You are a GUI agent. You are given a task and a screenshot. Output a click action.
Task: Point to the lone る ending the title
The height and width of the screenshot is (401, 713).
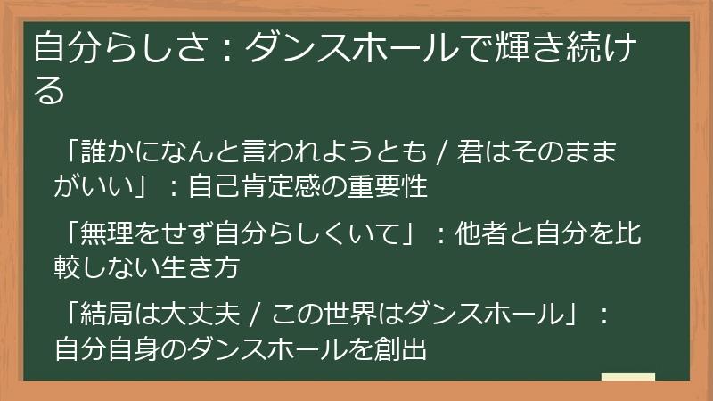coord(50,89)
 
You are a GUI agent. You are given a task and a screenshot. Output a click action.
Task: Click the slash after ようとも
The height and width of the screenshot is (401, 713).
coord(443,151)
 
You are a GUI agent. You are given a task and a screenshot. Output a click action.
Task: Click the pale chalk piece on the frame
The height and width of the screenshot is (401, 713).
coord(627,377)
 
